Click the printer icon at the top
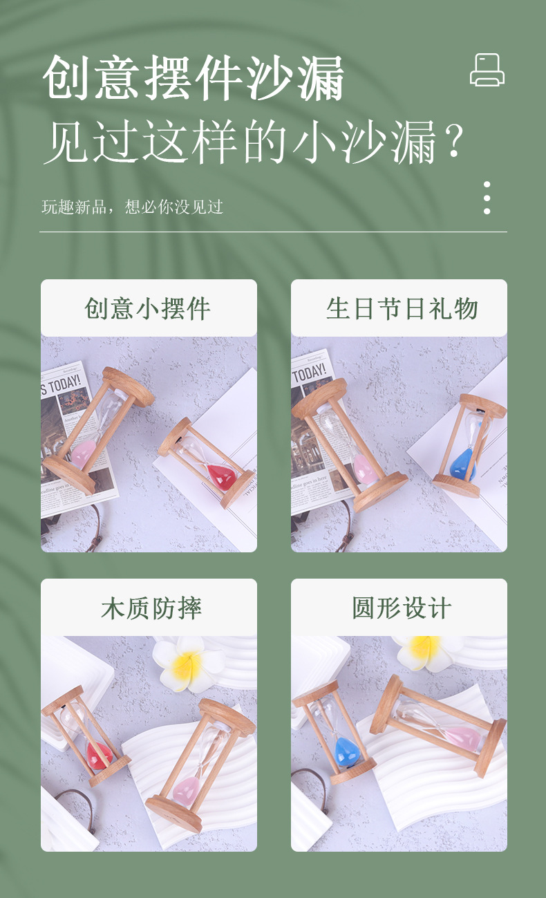pos(487,70)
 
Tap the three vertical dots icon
pos(487,198)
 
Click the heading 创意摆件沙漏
pos(194,78)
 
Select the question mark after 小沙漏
pos(453,142)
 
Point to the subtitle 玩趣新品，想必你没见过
pos(132,207)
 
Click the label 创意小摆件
pos(148,308)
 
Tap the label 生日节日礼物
pos(402,308)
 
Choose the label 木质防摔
pos(151,608)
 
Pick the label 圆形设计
pos(402,608)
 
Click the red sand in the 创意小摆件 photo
pos(221,476)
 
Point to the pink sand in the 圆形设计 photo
pos(463,736)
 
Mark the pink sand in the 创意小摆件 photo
pos(84,454)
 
